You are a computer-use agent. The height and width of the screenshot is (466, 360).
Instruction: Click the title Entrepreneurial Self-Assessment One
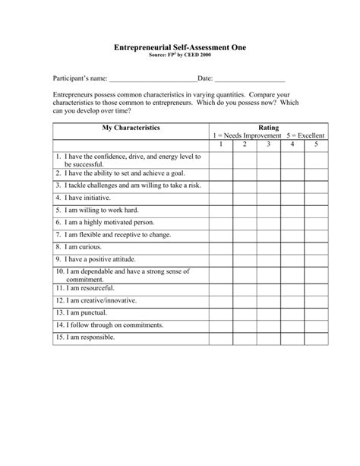point(180,47)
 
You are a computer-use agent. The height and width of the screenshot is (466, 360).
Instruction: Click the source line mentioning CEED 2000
point(180,56)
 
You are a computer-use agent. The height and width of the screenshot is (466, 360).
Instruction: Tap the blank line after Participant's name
point(153,79)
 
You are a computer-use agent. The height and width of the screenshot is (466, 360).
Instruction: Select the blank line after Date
point(250,79)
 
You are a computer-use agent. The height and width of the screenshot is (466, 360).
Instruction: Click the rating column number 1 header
point(220,144)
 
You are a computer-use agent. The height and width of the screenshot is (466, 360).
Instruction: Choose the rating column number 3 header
point(268,144)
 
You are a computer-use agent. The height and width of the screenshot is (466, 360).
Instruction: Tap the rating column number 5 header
point(316,144)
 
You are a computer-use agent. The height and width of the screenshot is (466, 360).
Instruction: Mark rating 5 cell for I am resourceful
point(316,289)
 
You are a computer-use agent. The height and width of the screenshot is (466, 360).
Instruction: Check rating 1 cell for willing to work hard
point(220,210)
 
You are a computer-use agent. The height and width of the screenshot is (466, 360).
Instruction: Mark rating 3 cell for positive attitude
point(268,260)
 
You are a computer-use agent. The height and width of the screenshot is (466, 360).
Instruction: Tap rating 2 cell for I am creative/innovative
point(245,300)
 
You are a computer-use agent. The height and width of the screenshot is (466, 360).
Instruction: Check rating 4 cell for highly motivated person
point(292,223)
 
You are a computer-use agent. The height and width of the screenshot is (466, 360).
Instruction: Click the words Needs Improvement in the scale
point(250,135)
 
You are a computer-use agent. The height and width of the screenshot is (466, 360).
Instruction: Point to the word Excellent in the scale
point(311,135)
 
